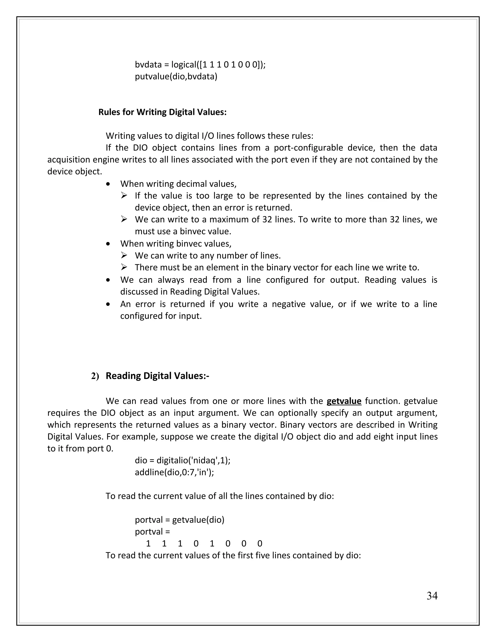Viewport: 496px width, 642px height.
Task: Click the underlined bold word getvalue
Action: click(344, 401)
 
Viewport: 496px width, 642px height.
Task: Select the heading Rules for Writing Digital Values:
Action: click(163, 112)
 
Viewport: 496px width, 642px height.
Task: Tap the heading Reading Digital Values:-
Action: click(157, 376)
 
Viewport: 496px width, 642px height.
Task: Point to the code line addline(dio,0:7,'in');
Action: click(174, 472)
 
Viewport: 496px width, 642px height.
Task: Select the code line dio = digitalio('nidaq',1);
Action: click(182, 460)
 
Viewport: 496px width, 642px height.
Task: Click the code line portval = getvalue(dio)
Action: click(179, 520)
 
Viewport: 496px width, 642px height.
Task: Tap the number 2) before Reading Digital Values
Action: click(95, 376)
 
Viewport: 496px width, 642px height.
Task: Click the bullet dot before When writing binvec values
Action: click(108, 244)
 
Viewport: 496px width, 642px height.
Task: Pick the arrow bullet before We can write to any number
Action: click(124, 255)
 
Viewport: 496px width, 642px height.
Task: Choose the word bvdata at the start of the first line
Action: click(148, 64)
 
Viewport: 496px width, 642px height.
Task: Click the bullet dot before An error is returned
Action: click(108, 304)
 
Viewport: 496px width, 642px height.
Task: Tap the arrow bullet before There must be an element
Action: click(124, 267)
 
